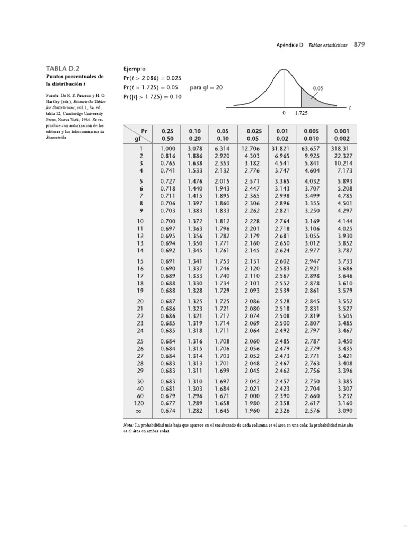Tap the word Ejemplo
(135, 69)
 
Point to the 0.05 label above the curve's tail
(318, 88)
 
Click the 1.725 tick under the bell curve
(302, 113)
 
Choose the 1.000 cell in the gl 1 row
(167, 149)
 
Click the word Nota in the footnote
(128, 424)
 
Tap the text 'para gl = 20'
(206, 87)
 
